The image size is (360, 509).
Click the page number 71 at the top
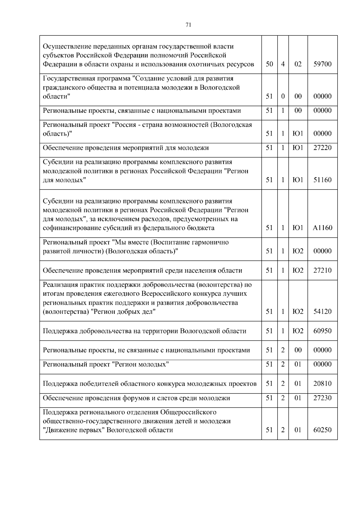188,25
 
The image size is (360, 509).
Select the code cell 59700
322,64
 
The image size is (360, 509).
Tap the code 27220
322,148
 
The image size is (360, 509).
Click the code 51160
322,180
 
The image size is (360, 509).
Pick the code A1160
322,228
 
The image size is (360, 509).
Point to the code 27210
322,271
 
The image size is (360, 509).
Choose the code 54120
322,312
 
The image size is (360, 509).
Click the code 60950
322,331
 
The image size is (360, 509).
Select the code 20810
322,384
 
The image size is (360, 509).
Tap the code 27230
322,398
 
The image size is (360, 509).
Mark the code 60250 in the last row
322,430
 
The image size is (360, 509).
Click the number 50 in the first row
269,64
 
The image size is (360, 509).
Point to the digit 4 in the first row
283,64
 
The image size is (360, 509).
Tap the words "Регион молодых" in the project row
140,364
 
